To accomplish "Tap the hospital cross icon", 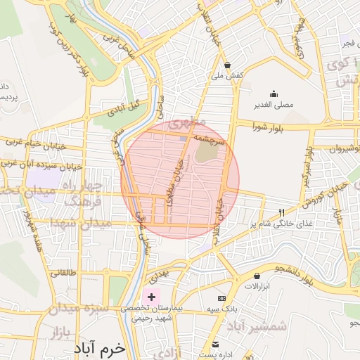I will [x=151, y=297].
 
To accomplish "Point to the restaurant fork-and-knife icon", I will [x=283, y=212].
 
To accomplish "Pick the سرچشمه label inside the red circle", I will [x=210, y=140].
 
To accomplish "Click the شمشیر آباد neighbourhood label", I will [x=259, y=327].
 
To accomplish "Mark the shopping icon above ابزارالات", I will [x=258, y=276].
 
